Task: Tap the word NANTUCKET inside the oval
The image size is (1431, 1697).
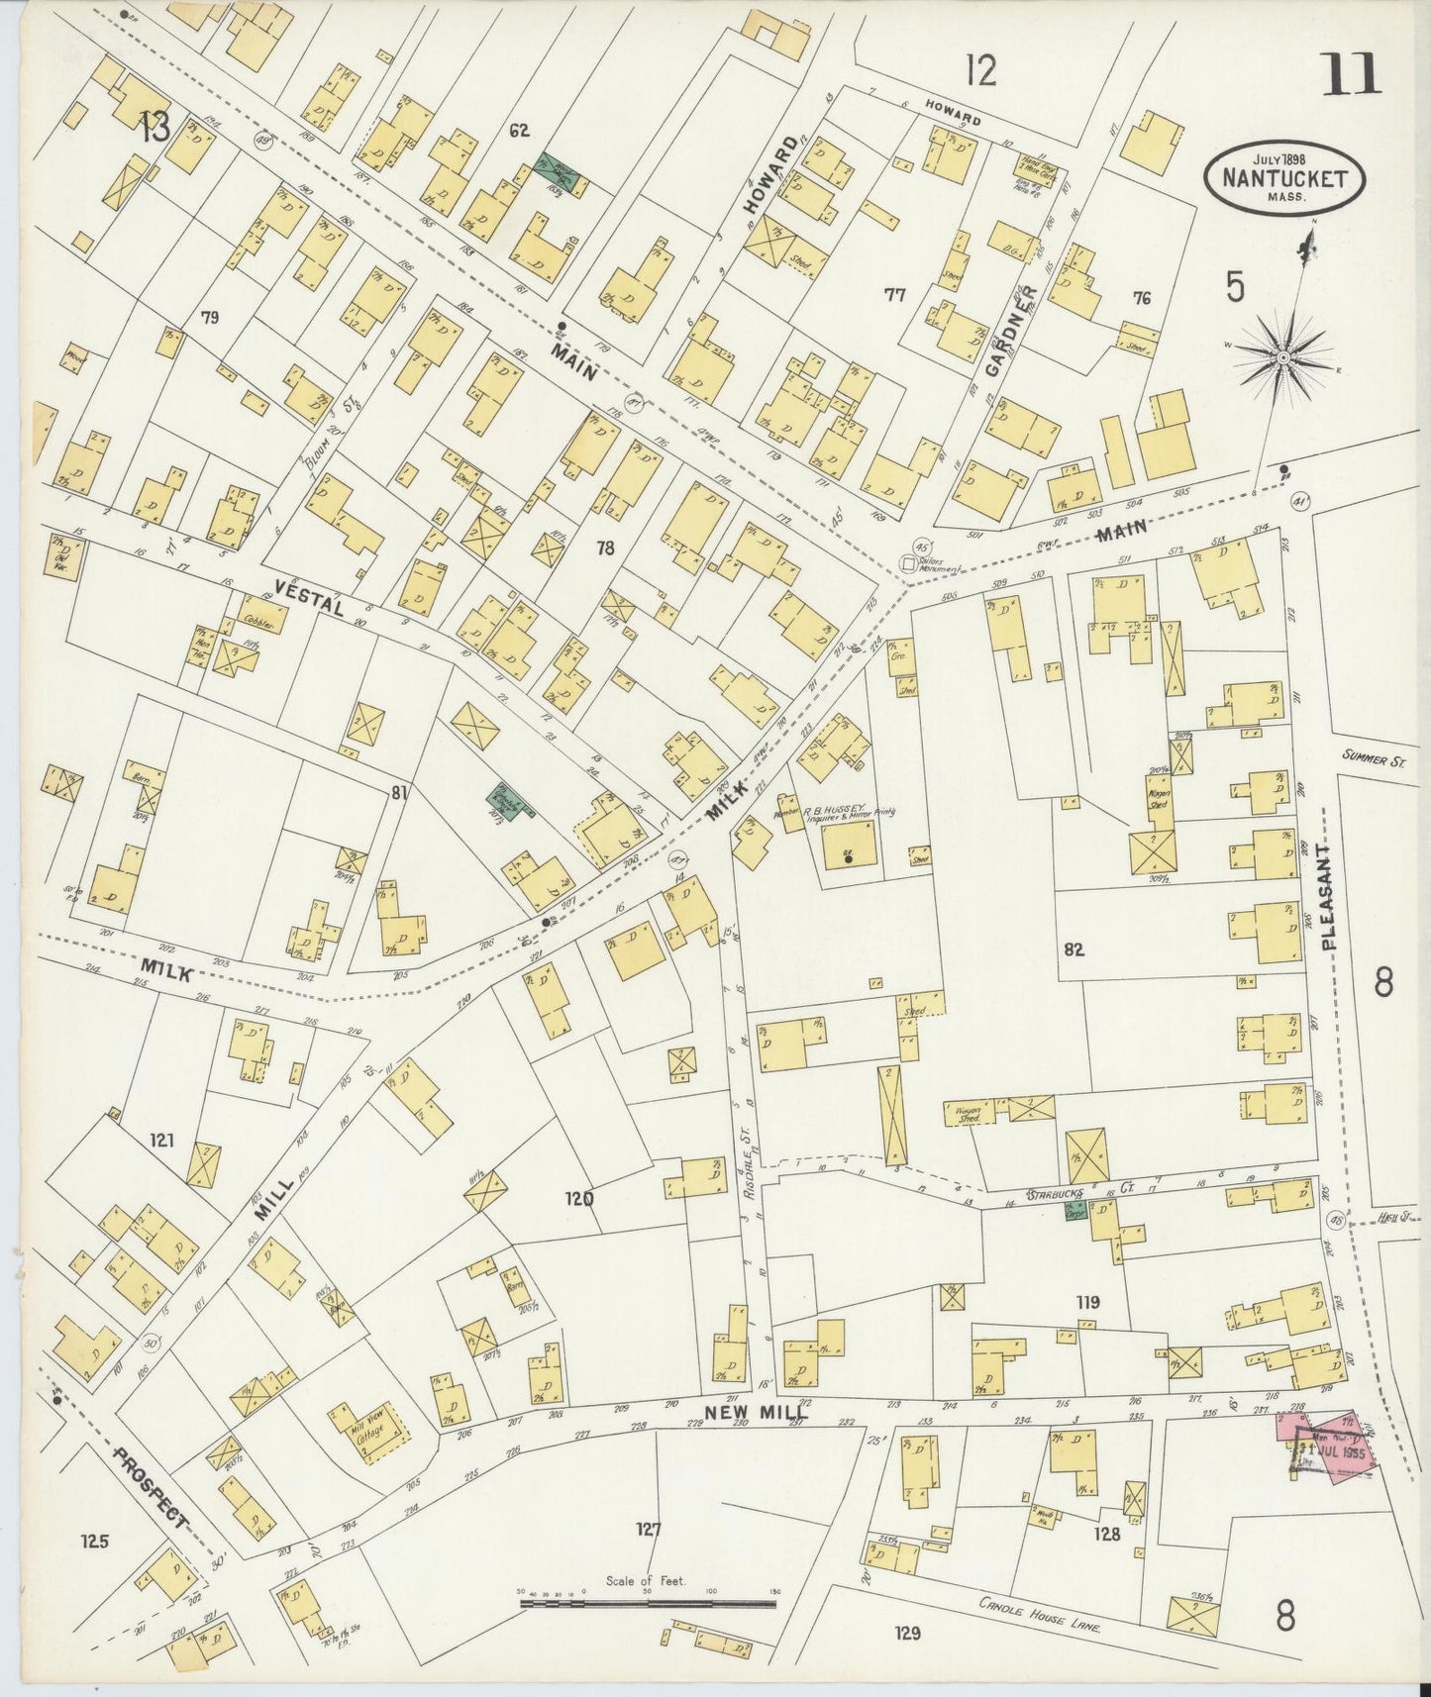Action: coord(1284,179)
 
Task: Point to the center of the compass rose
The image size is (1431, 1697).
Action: coord(1283,354)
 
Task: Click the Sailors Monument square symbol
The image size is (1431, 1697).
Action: coord(907,562)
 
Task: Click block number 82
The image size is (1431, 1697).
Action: coord(1073,949)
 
